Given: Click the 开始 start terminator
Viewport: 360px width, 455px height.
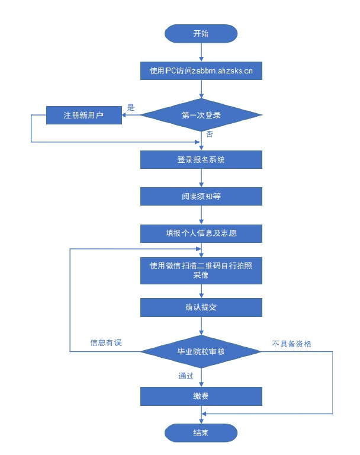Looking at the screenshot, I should tap(201, 34).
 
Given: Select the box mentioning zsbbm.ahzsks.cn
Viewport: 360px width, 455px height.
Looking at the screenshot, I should tap(201, 71).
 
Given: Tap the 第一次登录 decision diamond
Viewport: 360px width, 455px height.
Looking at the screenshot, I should tap(201, 115).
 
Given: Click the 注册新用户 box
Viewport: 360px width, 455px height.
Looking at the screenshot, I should tap(83, 115).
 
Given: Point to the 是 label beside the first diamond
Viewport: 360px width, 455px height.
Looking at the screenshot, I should tap(131, 108).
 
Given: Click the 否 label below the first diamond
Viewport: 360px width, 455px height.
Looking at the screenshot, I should tap(210, 134).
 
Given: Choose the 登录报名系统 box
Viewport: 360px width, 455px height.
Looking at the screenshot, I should tap(201, 160).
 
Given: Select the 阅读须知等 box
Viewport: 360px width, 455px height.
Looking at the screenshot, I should tap(201, 197).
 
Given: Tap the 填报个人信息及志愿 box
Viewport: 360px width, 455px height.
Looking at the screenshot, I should tap(201, 233).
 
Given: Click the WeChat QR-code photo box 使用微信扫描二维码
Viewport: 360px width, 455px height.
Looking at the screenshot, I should tap(201, 270).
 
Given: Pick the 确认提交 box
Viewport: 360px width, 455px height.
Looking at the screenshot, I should tap(201, 307).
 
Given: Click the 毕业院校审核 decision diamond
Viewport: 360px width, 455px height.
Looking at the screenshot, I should tap(201, 352).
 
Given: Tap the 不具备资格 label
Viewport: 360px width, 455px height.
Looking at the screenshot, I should tap(291, 343).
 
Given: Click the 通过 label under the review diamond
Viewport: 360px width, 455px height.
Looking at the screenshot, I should tap(187, 376).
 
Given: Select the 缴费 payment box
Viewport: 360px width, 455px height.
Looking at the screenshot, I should tap(201, 396).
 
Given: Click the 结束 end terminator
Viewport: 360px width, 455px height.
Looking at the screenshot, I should tap(201, 432).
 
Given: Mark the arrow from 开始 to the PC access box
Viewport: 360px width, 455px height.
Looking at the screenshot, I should tap(201, 52).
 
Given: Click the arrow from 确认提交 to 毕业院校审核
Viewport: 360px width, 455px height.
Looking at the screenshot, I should tap(201, 326).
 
